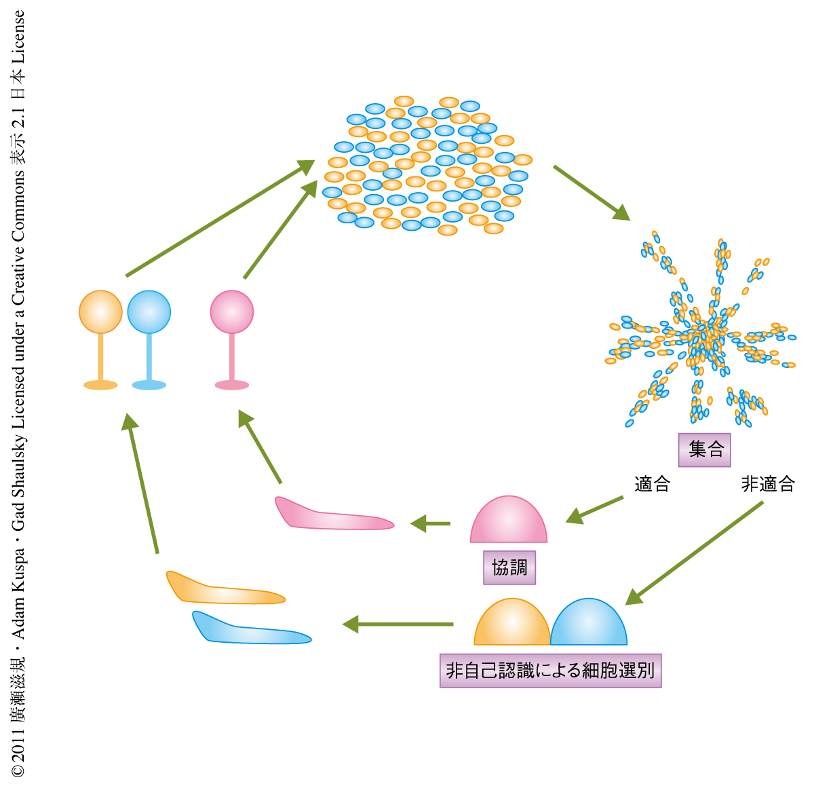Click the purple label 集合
pos(705,449)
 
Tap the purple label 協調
pos(509,567)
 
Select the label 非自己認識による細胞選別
pos(550,671)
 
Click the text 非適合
pos(768,484)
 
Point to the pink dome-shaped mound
pos(509,522)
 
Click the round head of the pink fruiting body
pos(232,312)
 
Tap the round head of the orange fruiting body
pos(100,312)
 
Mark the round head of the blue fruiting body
pos(149,312)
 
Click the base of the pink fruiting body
pos(232,385)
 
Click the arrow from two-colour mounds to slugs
pos(398,624)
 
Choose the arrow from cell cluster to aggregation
pos(591,192)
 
